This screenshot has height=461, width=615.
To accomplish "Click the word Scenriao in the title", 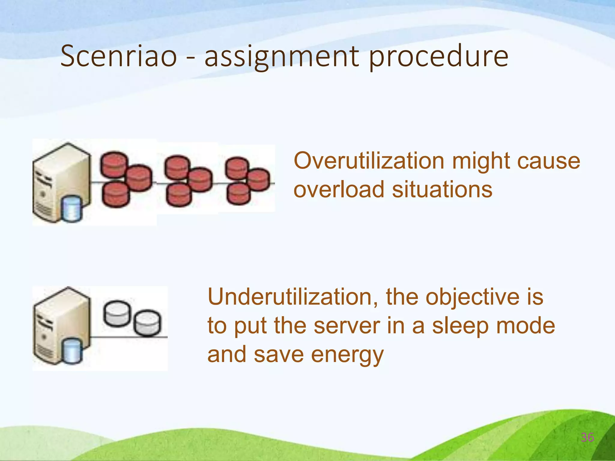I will tap(119, 56).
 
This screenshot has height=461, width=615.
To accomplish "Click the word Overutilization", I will tap(369, 161).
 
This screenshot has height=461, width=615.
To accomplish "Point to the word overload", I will tap(339, 190).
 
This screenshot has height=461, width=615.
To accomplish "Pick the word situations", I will tap(442, 190).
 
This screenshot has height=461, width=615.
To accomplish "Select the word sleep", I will tap(460, 326).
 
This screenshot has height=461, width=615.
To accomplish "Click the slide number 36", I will tap(587, 438).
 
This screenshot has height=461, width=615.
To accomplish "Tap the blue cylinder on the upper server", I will tap(71, 209).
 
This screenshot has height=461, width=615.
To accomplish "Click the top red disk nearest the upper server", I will tap(114, 164).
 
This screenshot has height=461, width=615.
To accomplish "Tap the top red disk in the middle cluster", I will tap(177, 167).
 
